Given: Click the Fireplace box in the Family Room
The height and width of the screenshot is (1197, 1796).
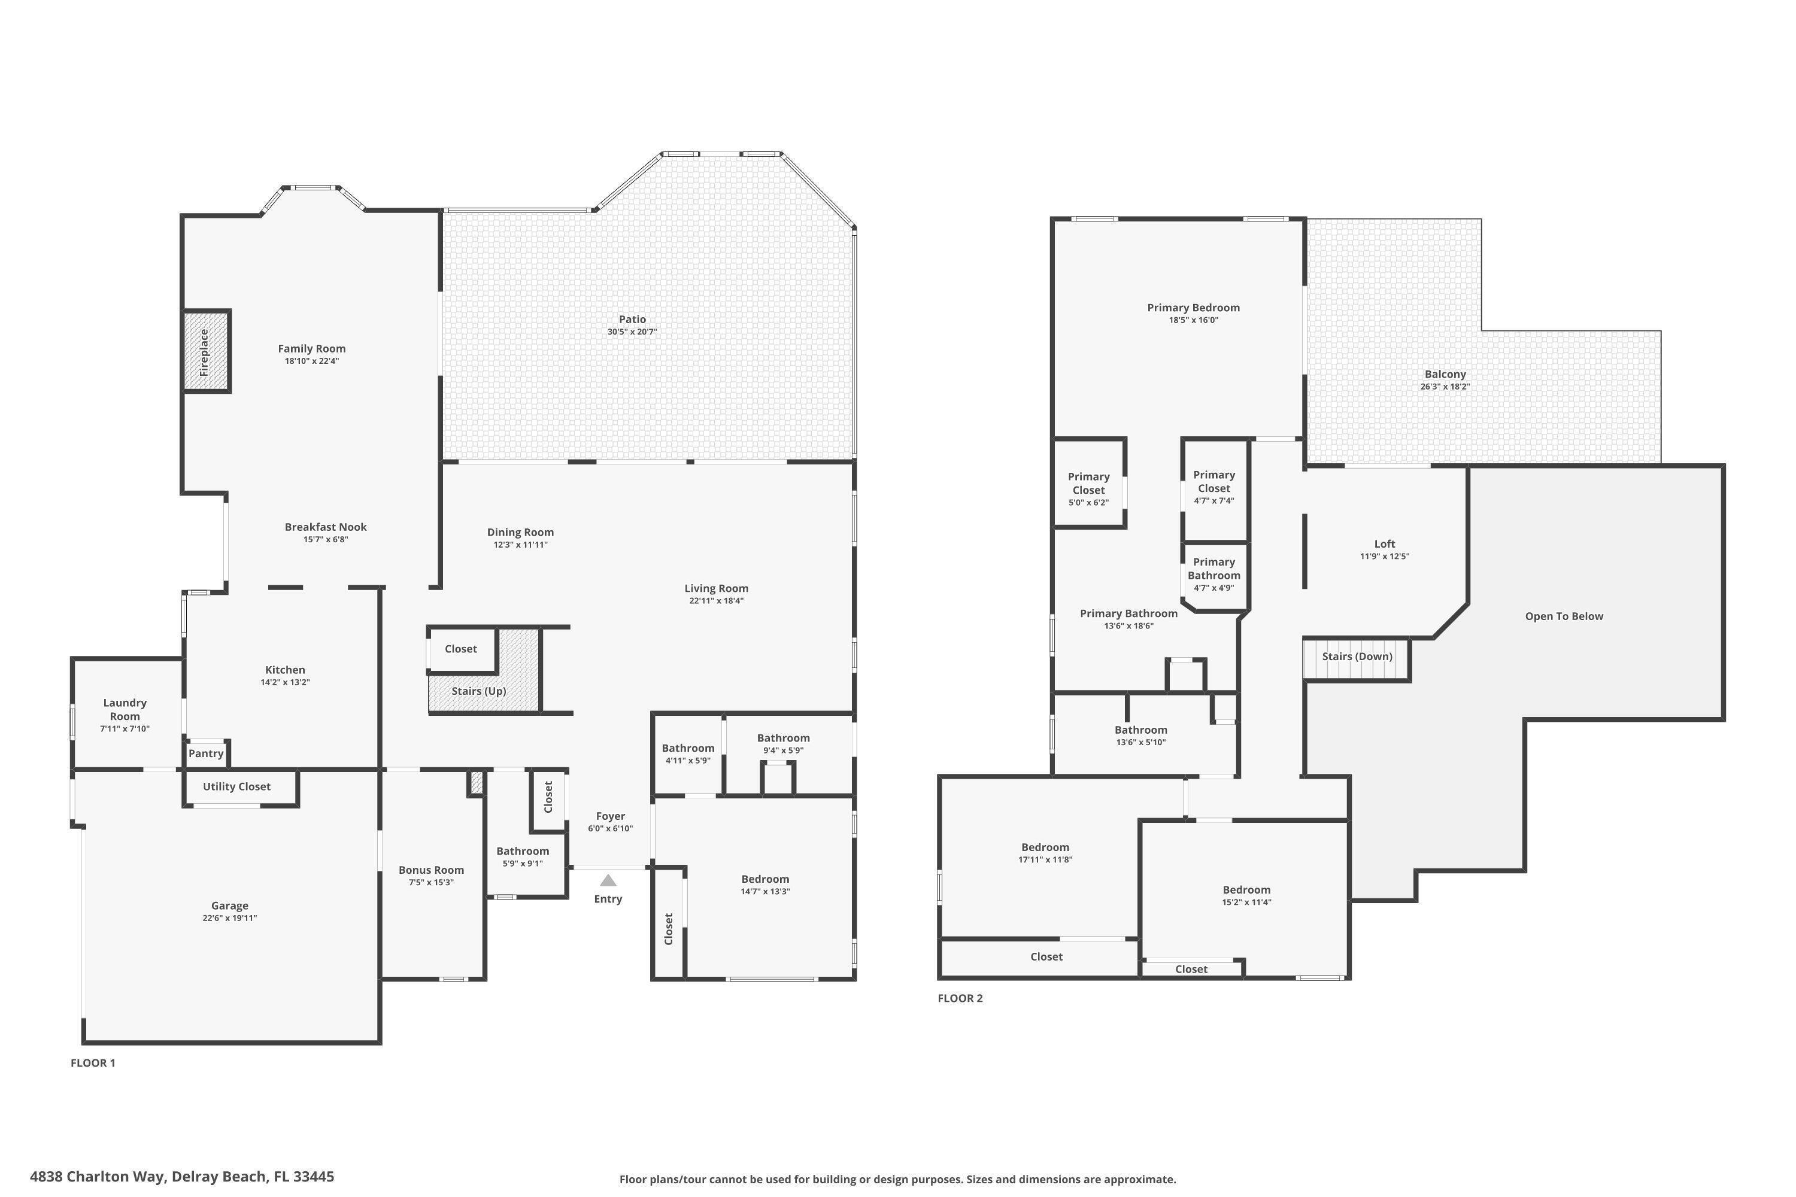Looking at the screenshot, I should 205,352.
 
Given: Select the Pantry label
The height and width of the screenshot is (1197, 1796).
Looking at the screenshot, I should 206,754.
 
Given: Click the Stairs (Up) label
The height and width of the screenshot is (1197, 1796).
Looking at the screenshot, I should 479,691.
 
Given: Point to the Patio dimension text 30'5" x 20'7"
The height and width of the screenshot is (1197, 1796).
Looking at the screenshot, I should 632,332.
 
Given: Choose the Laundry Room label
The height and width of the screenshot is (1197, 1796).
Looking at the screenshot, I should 125,709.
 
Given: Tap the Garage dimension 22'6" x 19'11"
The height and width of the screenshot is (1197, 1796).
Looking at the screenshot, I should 230,918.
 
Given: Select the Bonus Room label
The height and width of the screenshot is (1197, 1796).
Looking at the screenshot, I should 432,870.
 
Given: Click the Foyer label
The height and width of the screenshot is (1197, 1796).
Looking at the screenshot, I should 610,816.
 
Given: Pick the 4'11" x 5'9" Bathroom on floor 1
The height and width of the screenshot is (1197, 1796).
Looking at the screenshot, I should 688,754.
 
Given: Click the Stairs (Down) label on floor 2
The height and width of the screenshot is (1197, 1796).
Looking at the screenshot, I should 1357,657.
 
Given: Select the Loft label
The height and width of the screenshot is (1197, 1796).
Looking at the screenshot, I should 1384,543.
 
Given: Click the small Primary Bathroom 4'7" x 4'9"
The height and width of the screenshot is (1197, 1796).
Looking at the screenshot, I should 1213,574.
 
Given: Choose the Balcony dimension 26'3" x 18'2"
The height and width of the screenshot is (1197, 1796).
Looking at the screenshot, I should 1445,387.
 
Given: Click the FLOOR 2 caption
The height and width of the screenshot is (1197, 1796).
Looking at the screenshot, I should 960,998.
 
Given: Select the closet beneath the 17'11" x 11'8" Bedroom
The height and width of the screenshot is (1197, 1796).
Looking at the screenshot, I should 1045,956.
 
